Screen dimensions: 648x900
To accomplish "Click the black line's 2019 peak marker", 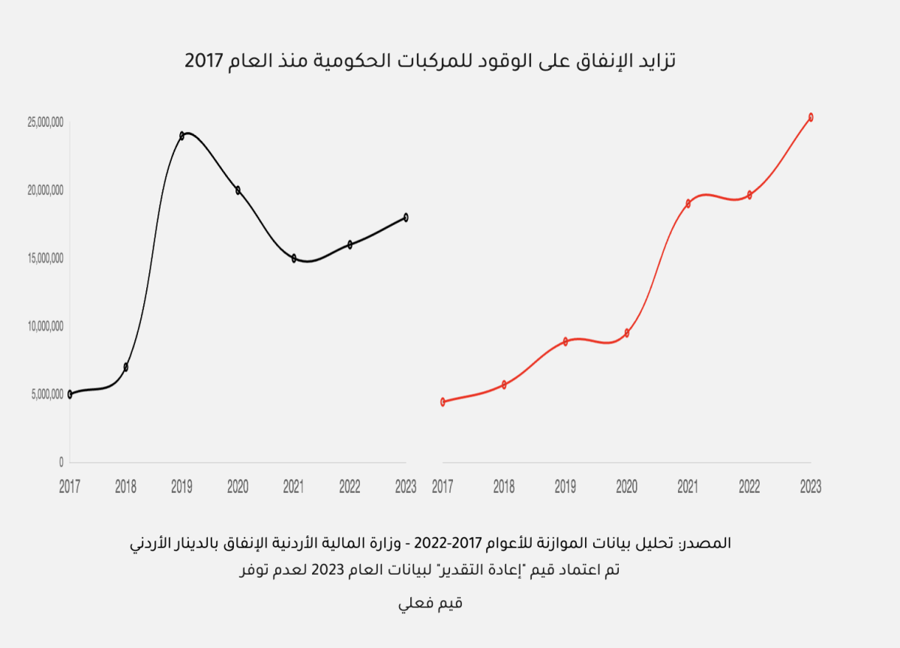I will point(182,136).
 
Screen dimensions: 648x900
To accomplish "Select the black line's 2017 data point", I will point(70,394).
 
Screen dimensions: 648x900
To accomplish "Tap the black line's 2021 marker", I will point(294,258).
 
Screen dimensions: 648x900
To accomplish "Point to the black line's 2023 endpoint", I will point(406,217).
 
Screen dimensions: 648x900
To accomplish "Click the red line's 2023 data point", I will point(811,117).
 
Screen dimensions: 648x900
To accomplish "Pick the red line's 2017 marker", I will point(443,401).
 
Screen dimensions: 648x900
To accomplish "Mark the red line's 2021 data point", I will point(688,203).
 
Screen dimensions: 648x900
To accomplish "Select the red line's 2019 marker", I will point(565,341).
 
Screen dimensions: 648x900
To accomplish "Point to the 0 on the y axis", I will point(61,462).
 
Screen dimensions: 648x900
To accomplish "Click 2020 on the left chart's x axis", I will point(238,487).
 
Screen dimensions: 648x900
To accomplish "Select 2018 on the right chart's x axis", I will point(504,487).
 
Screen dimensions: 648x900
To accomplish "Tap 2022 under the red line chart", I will point(749,487).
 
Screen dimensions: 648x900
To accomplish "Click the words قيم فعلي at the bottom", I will point(430,603).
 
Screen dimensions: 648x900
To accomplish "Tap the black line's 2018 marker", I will point(126,367).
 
